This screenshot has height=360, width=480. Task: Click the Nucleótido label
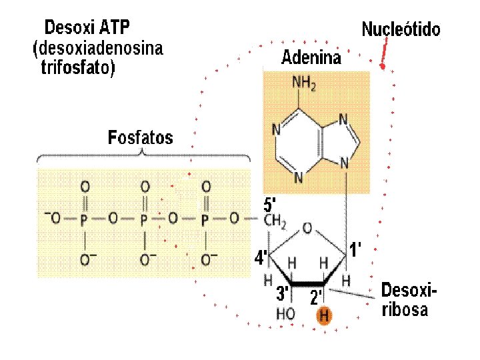401,29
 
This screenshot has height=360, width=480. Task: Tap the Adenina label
311,57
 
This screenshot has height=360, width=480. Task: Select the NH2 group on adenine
305,83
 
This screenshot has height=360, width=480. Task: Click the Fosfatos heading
140,138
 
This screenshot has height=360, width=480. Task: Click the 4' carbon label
261,257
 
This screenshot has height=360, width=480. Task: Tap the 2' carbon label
316,297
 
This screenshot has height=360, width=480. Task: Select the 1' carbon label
356,251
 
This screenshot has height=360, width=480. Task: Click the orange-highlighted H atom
324,315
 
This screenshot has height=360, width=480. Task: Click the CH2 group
275,221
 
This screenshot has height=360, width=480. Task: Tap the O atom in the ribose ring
306,229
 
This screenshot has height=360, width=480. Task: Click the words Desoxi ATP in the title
87,28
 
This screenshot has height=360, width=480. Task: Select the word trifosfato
78,69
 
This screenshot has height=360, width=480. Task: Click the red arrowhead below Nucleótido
382,65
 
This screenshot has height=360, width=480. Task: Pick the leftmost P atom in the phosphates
84,218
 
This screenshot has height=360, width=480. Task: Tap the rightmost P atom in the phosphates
205,218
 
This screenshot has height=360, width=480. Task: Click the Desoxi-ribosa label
409,300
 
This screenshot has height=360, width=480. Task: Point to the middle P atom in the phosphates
144,218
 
